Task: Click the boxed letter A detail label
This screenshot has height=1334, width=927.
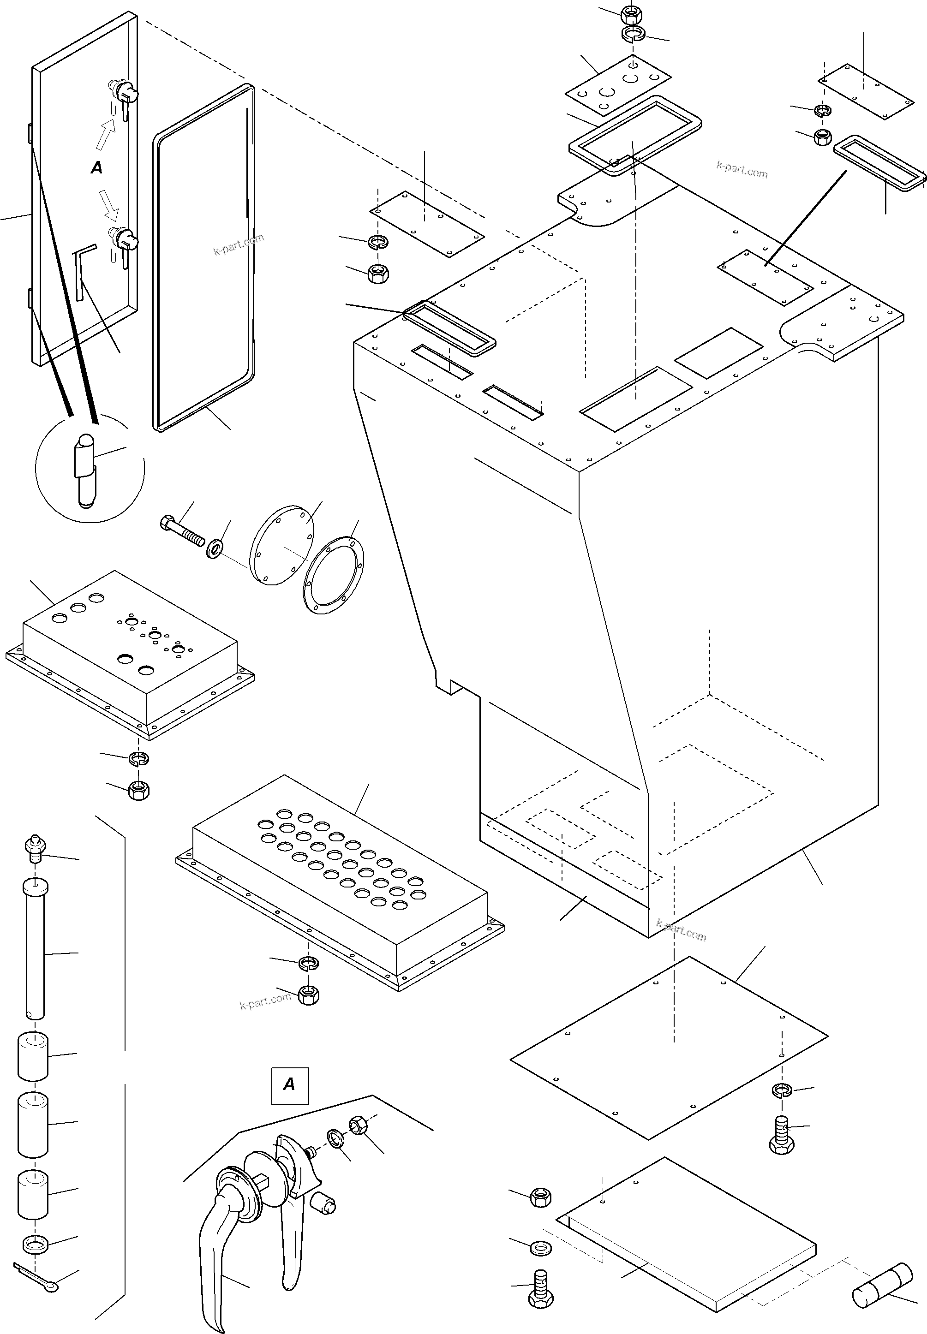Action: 289,1084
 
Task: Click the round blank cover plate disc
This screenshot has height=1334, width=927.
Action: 281,544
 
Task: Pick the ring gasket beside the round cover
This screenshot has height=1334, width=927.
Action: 334,575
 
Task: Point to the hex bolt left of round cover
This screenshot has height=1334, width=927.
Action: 181,530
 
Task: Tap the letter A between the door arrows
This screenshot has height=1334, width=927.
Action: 97,168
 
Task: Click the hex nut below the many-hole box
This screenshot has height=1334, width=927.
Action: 308,995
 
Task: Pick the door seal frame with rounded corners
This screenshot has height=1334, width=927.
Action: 203,258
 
